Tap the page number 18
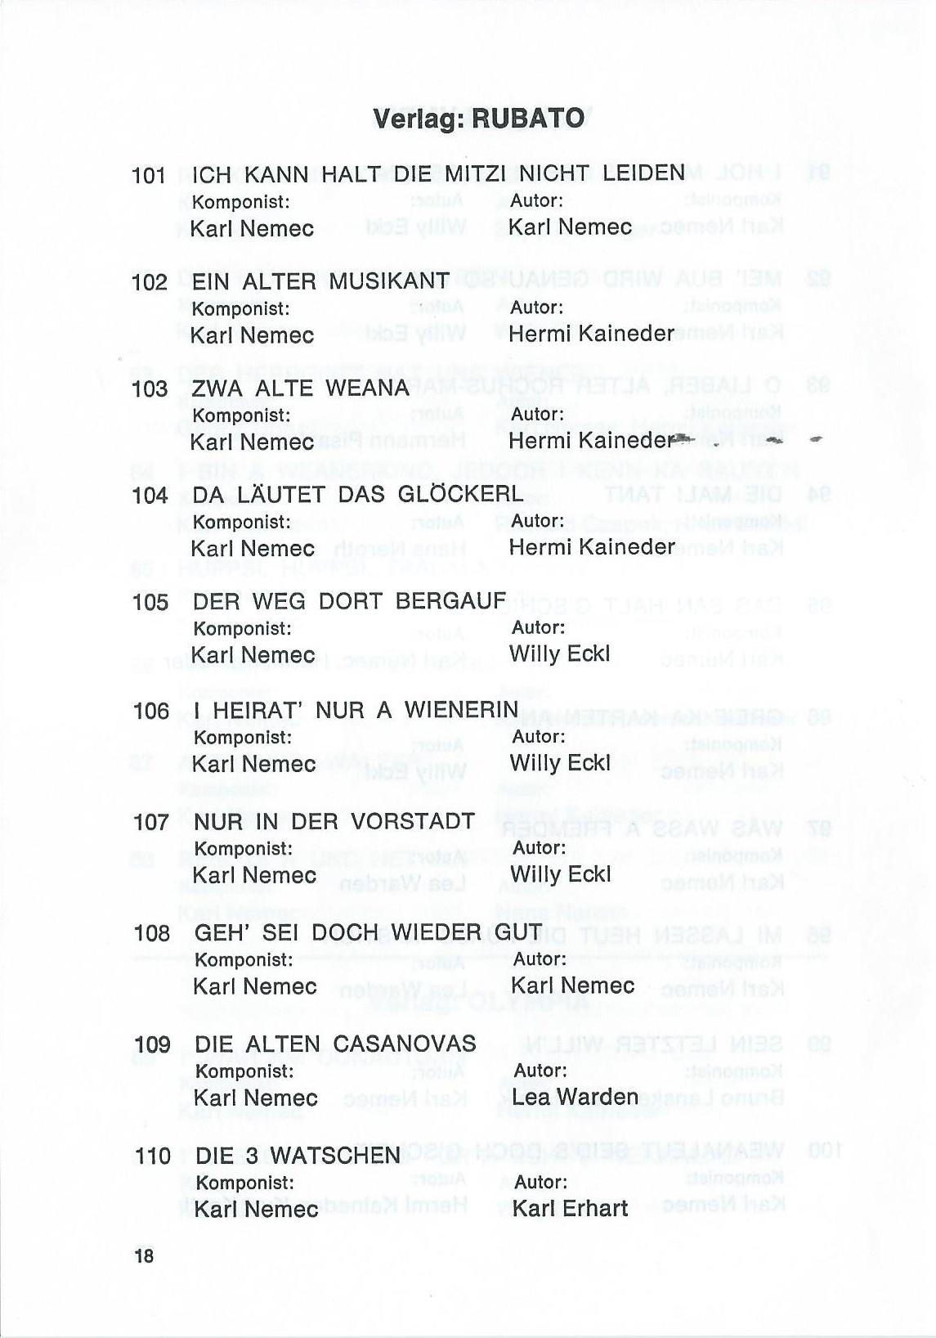[144, 1255]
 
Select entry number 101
[149, 175]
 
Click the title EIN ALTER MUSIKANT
[320, 281]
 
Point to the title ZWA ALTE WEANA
[300, 388]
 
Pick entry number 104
[150, 495]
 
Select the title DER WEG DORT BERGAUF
[349, 601]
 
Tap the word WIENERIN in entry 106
[462, 710]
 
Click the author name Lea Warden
[575, 1097]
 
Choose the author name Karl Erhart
[571, 1208]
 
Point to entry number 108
[152, 933]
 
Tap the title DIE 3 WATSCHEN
[298, 1156]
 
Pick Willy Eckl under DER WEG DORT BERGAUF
[559, 653]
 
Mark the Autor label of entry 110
[540, 1182]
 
